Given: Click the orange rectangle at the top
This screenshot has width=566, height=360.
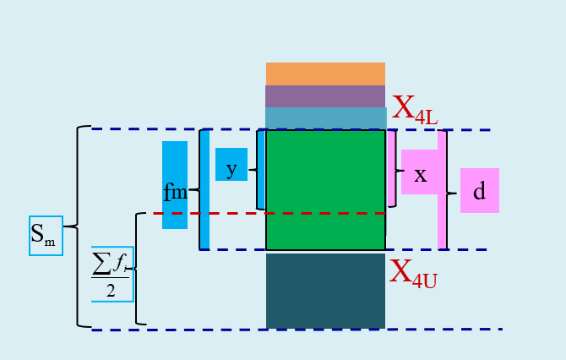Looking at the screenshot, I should [325, 74].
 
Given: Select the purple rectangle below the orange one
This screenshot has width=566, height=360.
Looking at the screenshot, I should [325, 96].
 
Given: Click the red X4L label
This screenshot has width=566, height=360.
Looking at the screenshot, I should [414, 110].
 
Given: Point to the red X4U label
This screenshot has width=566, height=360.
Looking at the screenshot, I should [413, 273].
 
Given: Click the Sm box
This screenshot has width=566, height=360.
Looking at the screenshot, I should [46, 235].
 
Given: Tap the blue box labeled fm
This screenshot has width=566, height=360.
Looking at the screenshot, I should [175, 185].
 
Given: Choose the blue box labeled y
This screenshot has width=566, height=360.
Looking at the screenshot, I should [231, 165].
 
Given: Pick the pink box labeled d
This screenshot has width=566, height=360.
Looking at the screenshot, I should [479, 191].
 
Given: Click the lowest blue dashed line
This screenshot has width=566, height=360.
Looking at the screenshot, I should [296, 330].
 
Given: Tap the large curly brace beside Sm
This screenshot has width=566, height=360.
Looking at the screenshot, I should [78, 226].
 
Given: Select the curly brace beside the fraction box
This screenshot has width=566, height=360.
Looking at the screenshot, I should [137, 269].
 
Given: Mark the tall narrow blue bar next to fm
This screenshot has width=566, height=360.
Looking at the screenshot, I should [204, 189].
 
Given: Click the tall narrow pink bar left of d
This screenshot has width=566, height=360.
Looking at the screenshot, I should [442, 189].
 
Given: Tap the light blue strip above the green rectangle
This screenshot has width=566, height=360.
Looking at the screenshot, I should [325, 117].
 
